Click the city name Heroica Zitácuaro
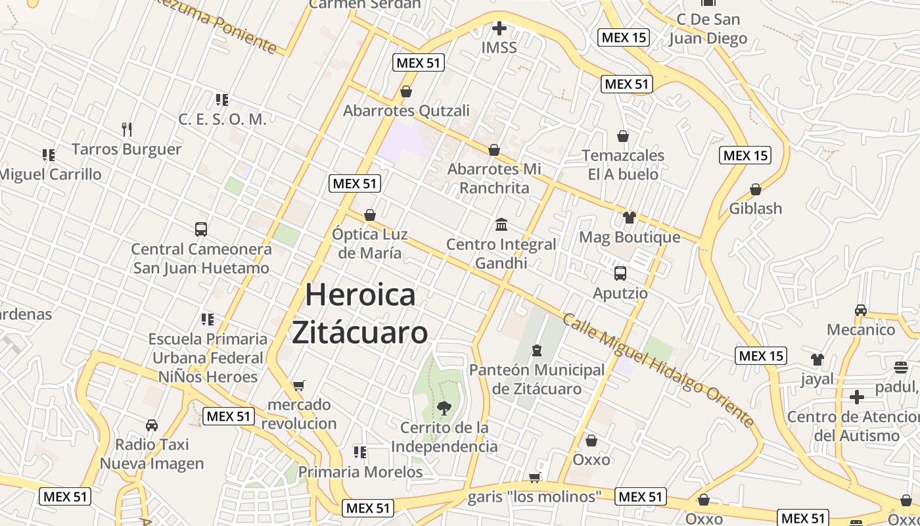pos(360,314)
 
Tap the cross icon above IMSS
pos(499,28)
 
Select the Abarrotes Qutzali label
pos(406,110)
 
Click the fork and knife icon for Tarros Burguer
pos(127,129)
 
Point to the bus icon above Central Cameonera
pos(201,229)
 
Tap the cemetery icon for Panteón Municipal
pos(537,350)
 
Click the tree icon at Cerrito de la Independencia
pos(444,408)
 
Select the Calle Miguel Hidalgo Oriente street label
pos(658,370)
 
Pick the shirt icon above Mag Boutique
pos(630,218)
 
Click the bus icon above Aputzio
pos(620,274)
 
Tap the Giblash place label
pos(756,208)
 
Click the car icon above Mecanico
pos(861,310)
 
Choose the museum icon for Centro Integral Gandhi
pos(501,225)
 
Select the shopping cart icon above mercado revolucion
pos(299,385)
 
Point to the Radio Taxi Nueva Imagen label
pos(152,454)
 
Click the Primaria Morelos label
pos(360,472)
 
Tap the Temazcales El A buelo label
pos(623,165)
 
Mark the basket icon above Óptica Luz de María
pos(370,215)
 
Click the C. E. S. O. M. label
pos(222,119)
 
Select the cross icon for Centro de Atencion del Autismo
pos(857,397)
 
